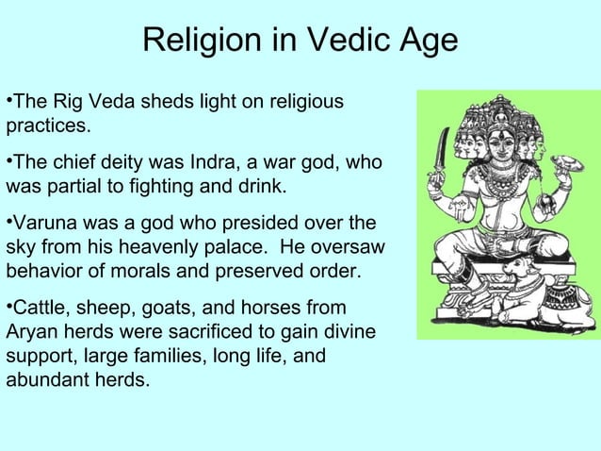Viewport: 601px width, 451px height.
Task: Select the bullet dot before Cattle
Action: coord(8,308)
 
